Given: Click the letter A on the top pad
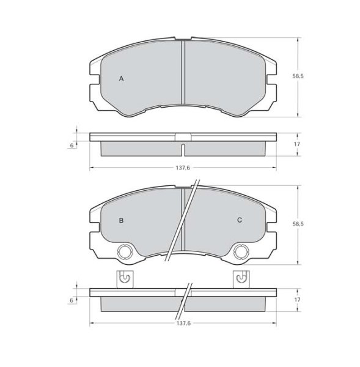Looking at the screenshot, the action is (121, 79).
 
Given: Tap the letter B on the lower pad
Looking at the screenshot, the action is (121, 220).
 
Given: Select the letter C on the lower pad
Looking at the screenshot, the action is (240, 220).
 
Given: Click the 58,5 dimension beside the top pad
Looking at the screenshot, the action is (298, 76).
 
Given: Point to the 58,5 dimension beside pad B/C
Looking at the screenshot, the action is (298, 224).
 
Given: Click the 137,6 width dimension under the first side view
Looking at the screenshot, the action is (183, 168).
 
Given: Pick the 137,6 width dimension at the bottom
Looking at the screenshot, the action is (183, 324).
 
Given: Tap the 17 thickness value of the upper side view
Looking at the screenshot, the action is (297, 144).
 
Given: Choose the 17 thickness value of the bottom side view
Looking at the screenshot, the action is (297, 300).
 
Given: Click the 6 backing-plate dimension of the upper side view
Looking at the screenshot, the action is (72, 146).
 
